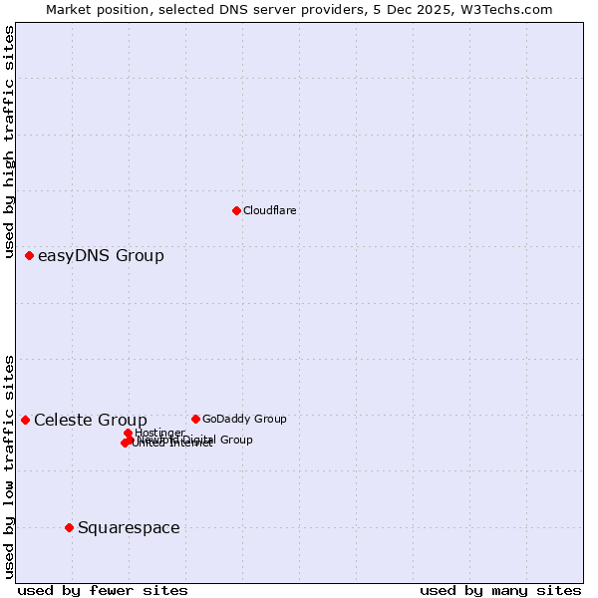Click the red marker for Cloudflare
tap(236, 210)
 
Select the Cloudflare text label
tap(270, 210)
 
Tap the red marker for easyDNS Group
tap(30, 256)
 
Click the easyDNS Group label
tap(101, 256)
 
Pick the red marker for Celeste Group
tap(26, 420)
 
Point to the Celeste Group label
tap(91, 421)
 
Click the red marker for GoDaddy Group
tap(195, 419)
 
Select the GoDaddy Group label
tap(244, 419)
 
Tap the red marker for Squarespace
tap(69, 527)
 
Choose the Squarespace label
tap(129, 528)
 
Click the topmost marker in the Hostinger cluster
tap(129, 433)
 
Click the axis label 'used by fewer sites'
tap(103, 590)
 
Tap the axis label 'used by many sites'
tap(500, 590)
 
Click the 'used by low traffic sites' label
tap(10, 465)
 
